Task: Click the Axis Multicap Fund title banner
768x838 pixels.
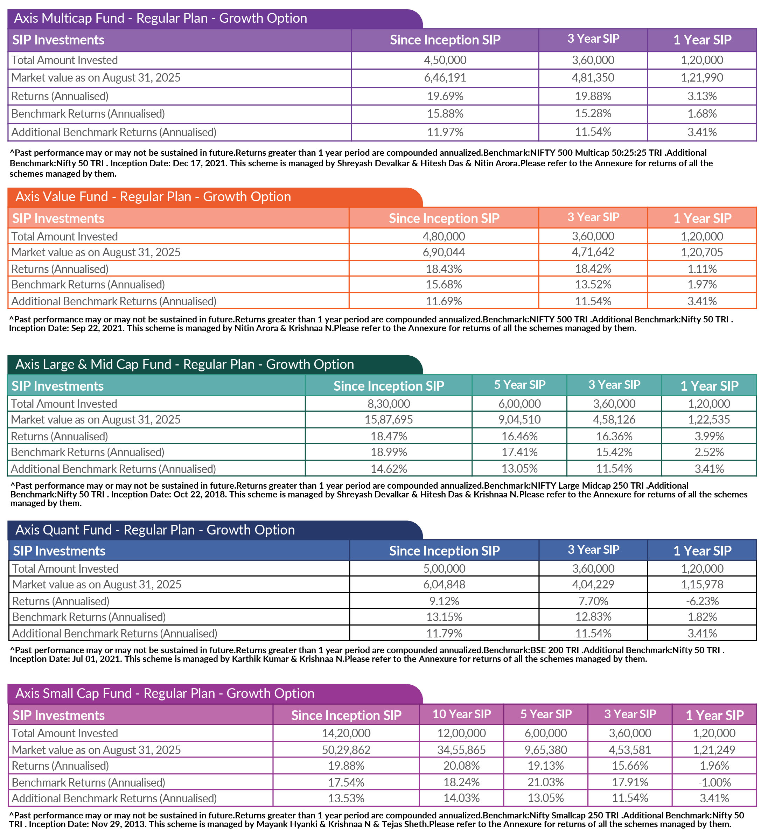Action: click(x=160, y=18)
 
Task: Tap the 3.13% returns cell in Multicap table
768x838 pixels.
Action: click(x=701, y=96)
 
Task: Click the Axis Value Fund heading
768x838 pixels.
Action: click(x=153, y=197)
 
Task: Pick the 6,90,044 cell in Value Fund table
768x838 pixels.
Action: click(x=444, y=252)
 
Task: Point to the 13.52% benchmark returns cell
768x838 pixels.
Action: click(x=593, y=285)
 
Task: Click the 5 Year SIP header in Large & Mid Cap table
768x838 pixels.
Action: click(x=519, y=385)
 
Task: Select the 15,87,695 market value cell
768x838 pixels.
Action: click(x=389, y=419)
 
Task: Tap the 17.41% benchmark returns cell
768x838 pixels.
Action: click(x=519, y=452)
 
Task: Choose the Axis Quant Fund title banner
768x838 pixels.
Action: click(x=155, y=530)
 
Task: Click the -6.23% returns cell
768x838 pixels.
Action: click(x=702, y=601)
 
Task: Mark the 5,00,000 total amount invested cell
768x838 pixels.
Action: click(x=444, y=568)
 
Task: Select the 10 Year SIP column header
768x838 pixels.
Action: click(x=461, y=714)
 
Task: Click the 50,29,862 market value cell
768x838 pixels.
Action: click(x=346, y=750)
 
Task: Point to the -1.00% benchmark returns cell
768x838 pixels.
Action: click(x=714, y=782)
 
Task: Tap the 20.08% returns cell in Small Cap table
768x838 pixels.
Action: click(x=461, y=766)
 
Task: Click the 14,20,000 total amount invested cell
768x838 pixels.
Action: click(x=346, y=733)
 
